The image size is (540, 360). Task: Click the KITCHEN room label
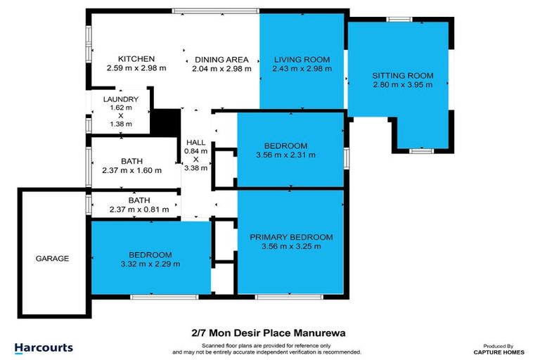pyautogui.click(x=136, y=58)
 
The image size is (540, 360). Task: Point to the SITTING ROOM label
pyautogui.click(x=402, y=75)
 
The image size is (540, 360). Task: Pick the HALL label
pyautogui.click(x=195, y=143)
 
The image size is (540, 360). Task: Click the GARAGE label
pyautogui.click(x=53, y=259)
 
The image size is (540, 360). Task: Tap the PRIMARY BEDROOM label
pyautogui.click(x=291, y=237)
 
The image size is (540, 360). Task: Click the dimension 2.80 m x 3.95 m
pyautogui.click(x=402, y=84)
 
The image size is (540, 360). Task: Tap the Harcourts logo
pyautogui.click(x=44, y=348)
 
